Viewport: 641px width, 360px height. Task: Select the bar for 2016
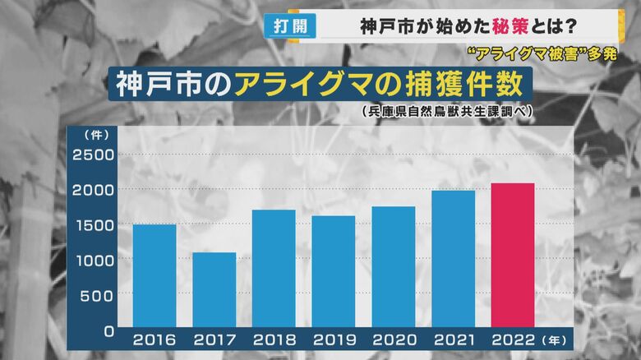coord(154,276)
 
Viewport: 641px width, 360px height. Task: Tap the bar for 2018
coord(274,269)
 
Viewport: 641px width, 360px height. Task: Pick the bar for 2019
coord(333,272)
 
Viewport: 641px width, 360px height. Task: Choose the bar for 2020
coord(393,267)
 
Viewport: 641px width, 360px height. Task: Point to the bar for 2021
coord(453,259)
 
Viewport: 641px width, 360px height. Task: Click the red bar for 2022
coord(513,256)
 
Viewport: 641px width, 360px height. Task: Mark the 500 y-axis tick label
coord(97,295)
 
